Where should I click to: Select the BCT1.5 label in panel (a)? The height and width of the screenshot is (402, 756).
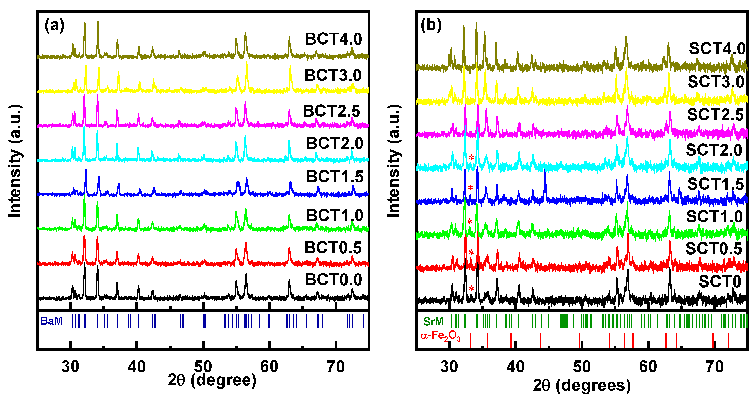(335, 177)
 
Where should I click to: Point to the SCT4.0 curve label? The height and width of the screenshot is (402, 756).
(717, 49)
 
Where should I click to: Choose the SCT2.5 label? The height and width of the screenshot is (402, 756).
(715, 115)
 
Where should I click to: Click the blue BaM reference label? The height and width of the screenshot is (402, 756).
(51, 321)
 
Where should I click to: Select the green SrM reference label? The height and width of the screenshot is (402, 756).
(433, 322)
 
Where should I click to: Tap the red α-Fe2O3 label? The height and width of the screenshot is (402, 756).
(440, 336)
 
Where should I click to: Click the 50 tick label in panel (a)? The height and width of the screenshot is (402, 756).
(203, 367)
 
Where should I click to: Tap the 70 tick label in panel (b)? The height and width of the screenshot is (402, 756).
(714, 367)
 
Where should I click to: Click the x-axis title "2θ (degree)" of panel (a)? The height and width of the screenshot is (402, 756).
(212, 380)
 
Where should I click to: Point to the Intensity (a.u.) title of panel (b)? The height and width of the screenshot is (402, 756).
(393, 161)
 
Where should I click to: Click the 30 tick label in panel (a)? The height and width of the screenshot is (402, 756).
(70, 367)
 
